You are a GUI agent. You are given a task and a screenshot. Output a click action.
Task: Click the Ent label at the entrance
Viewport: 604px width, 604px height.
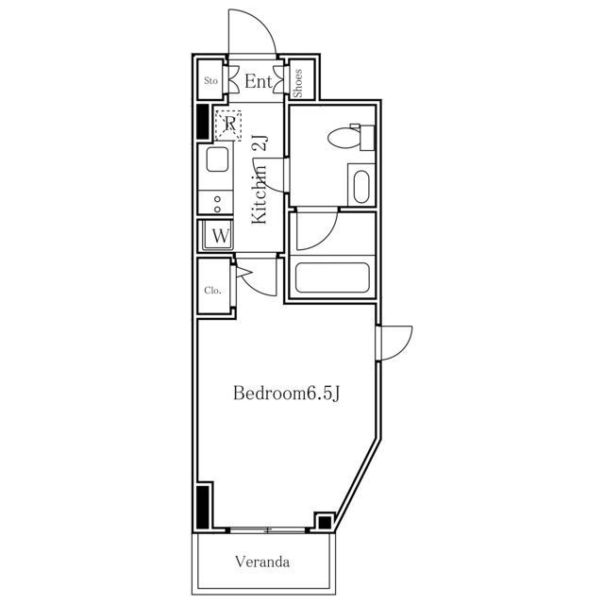[259, 81]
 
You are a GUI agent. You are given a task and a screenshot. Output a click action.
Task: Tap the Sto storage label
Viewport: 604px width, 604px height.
[210, 80]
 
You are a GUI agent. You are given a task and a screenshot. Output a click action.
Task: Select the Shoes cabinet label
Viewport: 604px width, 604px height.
[298, 83]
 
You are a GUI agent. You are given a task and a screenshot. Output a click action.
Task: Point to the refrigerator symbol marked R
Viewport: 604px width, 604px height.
[228, 126]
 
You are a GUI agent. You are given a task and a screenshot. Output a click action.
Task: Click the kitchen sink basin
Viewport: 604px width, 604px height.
[218, 159]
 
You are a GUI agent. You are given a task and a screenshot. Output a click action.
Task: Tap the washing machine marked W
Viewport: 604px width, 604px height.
[218, 235]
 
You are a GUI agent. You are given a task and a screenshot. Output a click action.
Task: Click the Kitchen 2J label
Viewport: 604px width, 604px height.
[260, 179]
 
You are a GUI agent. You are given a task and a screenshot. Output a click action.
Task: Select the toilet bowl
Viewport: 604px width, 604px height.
[350, 137]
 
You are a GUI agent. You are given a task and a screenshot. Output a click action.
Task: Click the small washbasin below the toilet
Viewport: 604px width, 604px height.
[361, 185]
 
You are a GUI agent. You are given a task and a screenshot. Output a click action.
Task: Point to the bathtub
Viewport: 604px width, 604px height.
[332, 277]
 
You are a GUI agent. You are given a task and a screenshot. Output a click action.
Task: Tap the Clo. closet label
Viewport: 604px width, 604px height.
[212, 290]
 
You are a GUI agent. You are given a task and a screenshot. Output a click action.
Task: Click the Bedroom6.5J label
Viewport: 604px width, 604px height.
[287, 394]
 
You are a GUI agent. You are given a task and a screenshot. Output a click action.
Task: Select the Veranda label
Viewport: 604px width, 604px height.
[262, 562]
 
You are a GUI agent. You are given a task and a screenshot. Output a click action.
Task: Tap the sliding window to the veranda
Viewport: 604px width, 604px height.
[267, 530]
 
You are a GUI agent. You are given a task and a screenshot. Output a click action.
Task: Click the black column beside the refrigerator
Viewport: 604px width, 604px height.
[203, 122]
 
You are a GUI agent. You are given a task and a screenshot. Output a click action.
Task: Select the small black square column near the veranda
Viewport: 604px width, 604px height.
[325, 522]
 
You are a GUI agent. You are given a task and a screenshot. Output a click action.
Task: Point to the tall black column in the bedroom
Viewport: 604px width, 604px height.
[203, 507]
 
